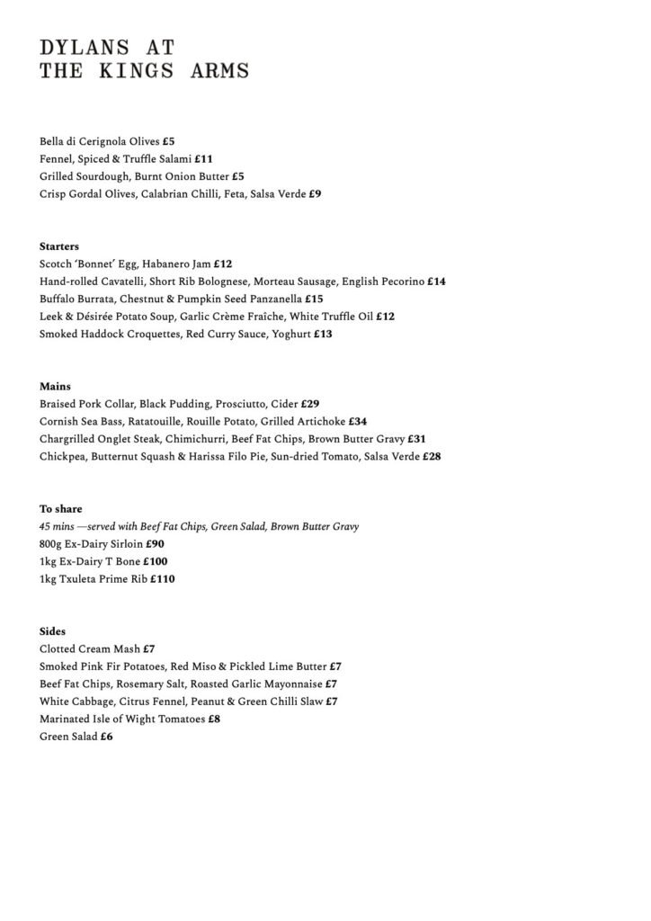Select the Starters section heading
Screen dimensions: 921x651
[59, 246]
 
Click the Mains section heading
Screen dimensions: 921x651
[56, 387]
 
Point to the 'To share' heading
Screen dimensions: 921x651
[60, 509]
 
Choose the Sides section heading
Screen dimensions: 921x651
[53, 631]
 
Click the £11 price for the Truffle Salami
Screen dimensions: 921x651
[203, 159]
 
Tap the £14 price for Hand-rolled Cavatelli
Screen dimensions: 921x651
[436, 282]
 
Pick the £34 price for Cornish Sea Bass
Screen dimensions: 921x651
[357, 422]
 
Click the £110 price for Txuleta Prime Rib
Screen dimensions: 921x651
[163, 579]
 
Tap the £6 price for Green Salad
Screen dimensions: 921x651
[107, 737]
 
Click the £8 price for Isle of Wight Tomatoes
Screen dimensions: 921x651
[214, 720]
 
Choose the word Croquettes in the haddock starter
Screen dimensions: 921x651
[153, 334]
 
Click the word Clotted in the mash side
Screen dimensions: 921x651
[58, 648]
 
